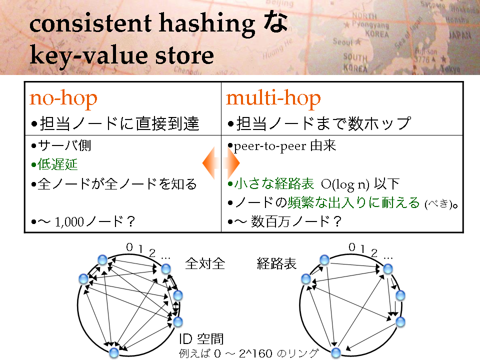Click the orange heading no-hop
(63, 98)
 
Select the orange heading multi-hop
(273, 98)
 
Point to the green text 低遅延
(57, 164)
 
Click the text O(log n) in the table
(345, 184)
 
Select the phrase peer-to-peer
(269, 146)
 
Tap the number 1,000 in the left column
(69, 221)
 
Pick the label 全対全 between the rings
(205, 263)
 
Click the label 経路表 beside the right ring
(276, 263)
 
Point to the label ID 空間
(201, 339)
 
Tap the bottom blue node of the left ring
(114, 352)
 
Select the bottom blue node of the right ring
(336, 352)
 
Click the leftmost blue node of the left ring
(83, 279)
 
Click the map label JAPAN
(459, 35)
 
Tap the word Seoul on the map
(343, 41)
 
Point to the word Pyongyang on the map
(370, 24)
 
